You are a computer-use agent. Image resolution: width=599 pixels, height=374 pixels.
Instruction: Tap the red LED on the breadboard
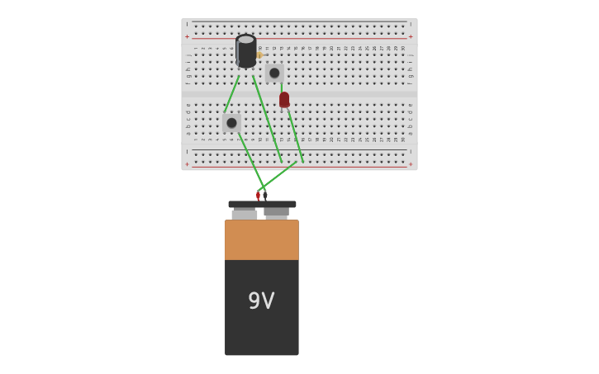[x=284, y=100]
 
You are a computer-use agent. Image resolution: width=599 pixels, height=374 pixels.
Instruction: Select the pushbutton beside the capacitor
[x=274, y=73]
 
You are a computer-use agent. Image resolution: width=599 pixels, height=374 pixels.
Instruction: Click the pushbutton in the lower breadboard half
[x=231, y=123]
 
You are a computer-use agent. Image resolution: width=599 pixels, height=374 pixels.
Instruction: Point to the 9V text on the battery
[x=261, y=301]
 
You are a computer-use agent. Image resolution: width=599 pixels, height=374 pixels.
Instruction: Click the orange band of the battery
[x=261, y=239]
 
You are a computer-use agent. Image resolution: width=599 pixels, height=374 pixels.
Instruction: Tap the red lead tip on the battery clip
[x=258, y=196]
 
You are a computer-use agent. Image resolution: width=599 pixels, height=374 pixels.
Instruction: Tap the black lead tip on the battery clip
[x=265, y=196]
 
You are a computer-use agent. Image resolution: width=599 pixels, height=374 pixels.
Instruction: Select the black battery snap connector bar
[x=262, y=204]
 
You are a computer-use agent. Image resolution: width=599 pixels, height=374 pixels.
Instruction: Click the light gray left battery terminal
[x=245, y=214]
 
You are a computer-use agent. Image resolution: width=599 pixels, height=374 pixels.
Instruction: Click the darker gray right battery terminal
[x=276, y=212]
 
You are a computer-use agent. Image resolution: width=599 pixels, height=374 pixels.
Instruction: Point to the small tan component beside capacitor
[x=259, y=55]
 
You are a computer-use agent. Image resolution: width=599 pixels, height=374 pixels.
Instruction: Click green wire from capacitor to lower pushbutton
[x=232, y=93]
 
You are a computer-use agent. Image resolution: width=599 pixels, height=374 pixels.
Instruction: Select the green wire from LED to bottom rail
[x=295, y=135]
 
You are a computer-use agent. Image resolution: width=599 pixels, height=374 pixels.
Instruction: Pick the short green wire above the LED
[x=281, y=86]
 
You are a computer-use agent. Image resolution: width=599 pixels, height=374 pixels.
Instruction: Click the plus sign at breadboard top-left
[x=188, y=36]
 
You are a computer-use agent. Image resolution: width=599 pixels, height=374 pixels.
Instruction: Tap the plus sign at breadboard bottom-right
[x=411, y=164]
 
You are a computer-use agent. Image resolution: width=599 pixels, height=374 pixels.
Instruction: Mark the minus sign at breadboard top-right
[x=411, y=25]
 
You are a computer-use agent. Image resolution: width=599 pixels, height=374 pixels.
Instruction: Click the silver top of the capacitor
[x=245, y=39]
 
